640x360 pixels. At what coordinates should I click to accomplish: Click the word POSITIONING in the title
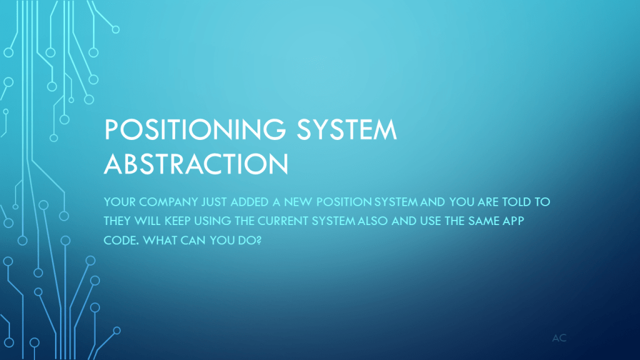(196, 129)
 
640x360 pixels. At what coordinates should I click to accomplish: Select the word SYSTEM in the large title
(346, 129)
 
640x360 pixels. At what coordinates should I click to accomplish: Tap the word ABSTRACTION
(196, 164)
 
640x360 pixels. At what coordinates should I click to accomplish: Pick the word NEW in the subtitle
(298, 202)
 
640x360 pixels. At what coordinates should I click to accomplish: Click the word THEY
(117, 221)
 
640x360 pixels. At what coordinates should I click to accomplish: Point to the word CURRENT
(283, 221)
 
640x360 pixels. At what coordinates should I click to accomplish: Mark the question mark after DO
(259, 241)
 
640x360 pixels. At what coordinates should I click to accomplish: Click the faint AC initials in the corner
(559, 338)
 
